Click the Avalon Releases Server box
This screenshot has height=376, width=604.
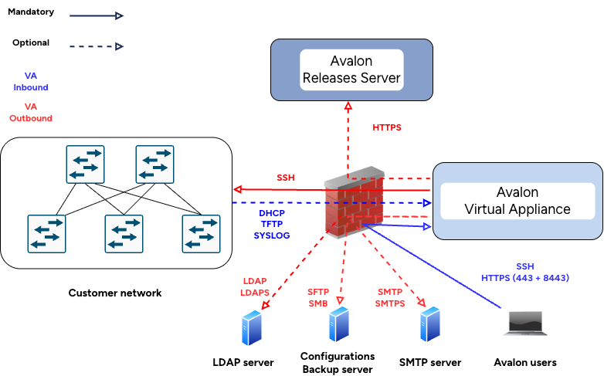351,69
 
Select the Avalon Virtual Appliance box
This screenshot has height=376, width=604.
517,201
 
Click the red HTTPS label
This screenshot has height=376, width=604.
387,127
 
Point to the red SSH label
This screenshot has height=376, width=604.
286,178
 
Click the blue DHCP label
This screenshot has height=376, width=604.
272,212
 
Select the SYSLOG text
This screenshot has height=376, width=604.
272,235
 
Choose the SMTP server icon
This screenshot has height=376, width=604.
429,324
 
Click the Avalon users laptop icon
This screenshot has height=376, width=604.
524,323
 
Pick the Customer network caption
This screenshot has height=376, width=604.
115,293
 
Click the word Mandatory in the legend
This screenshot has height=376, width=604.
30,13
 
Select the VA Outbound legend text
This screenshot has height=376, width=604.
31,113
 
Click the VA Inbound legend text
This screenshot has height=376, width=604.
31,82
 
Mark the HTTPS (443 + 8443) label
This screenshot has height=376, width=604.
525,277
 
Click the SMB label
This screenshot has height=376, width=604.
318,303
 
